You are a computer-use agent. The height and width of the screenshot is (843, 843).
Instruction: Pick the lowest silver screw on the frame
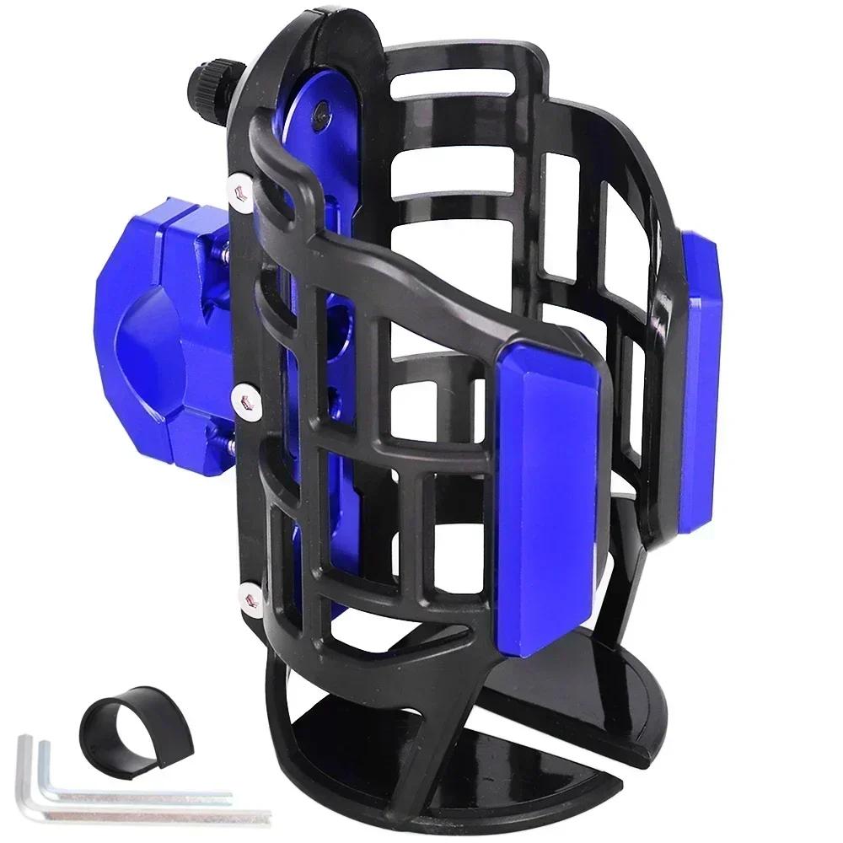247,597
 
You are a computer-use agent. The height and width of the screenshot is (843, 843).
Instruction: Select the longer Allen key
152,813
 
